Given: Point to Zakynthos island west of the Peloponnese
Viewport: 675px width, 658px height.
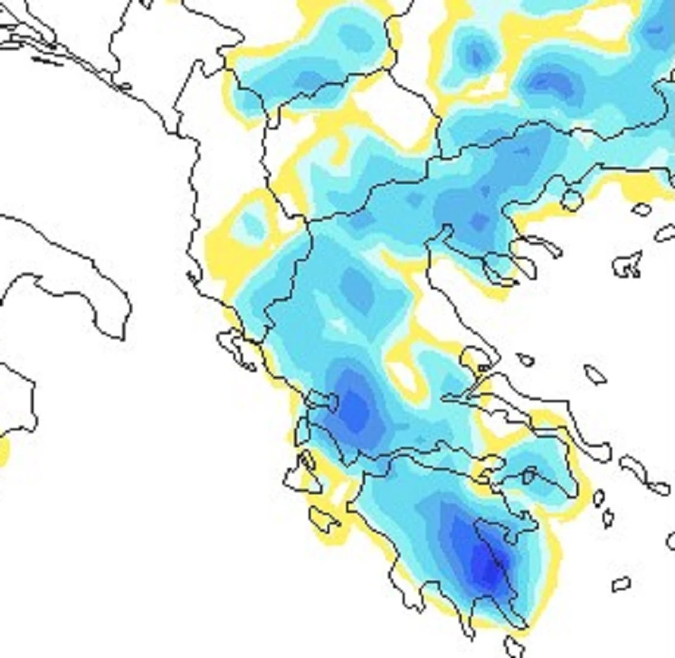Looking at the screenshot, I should (324, 517).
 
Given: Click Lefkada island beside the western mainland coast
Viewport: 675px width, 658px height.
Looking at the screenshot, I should (302, 430).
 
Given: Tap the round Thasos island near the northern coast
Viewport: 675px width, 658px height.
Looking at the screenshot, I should (572, 199).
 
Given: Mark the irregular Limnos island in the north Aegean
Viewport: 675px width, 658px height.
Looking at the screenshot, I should (628, 264).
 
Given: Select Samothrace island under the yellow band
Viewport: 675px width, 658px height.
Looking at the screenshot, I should (641, 210).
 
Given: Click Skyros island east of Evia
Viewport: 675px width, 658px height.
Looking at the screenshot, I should (595, 374).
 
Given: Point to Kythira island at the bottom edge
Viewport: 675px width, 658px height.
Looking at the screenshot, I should (513, 646).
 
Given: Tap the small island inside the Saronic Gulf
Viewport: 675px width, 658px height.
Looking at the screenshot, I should (529, 475).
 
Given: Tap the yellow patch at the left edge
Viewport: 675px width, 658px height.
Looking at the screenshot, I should (4, 451).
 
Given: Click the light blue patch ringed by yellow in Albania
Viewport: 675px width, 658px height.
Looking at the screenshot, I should (251, 226).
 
